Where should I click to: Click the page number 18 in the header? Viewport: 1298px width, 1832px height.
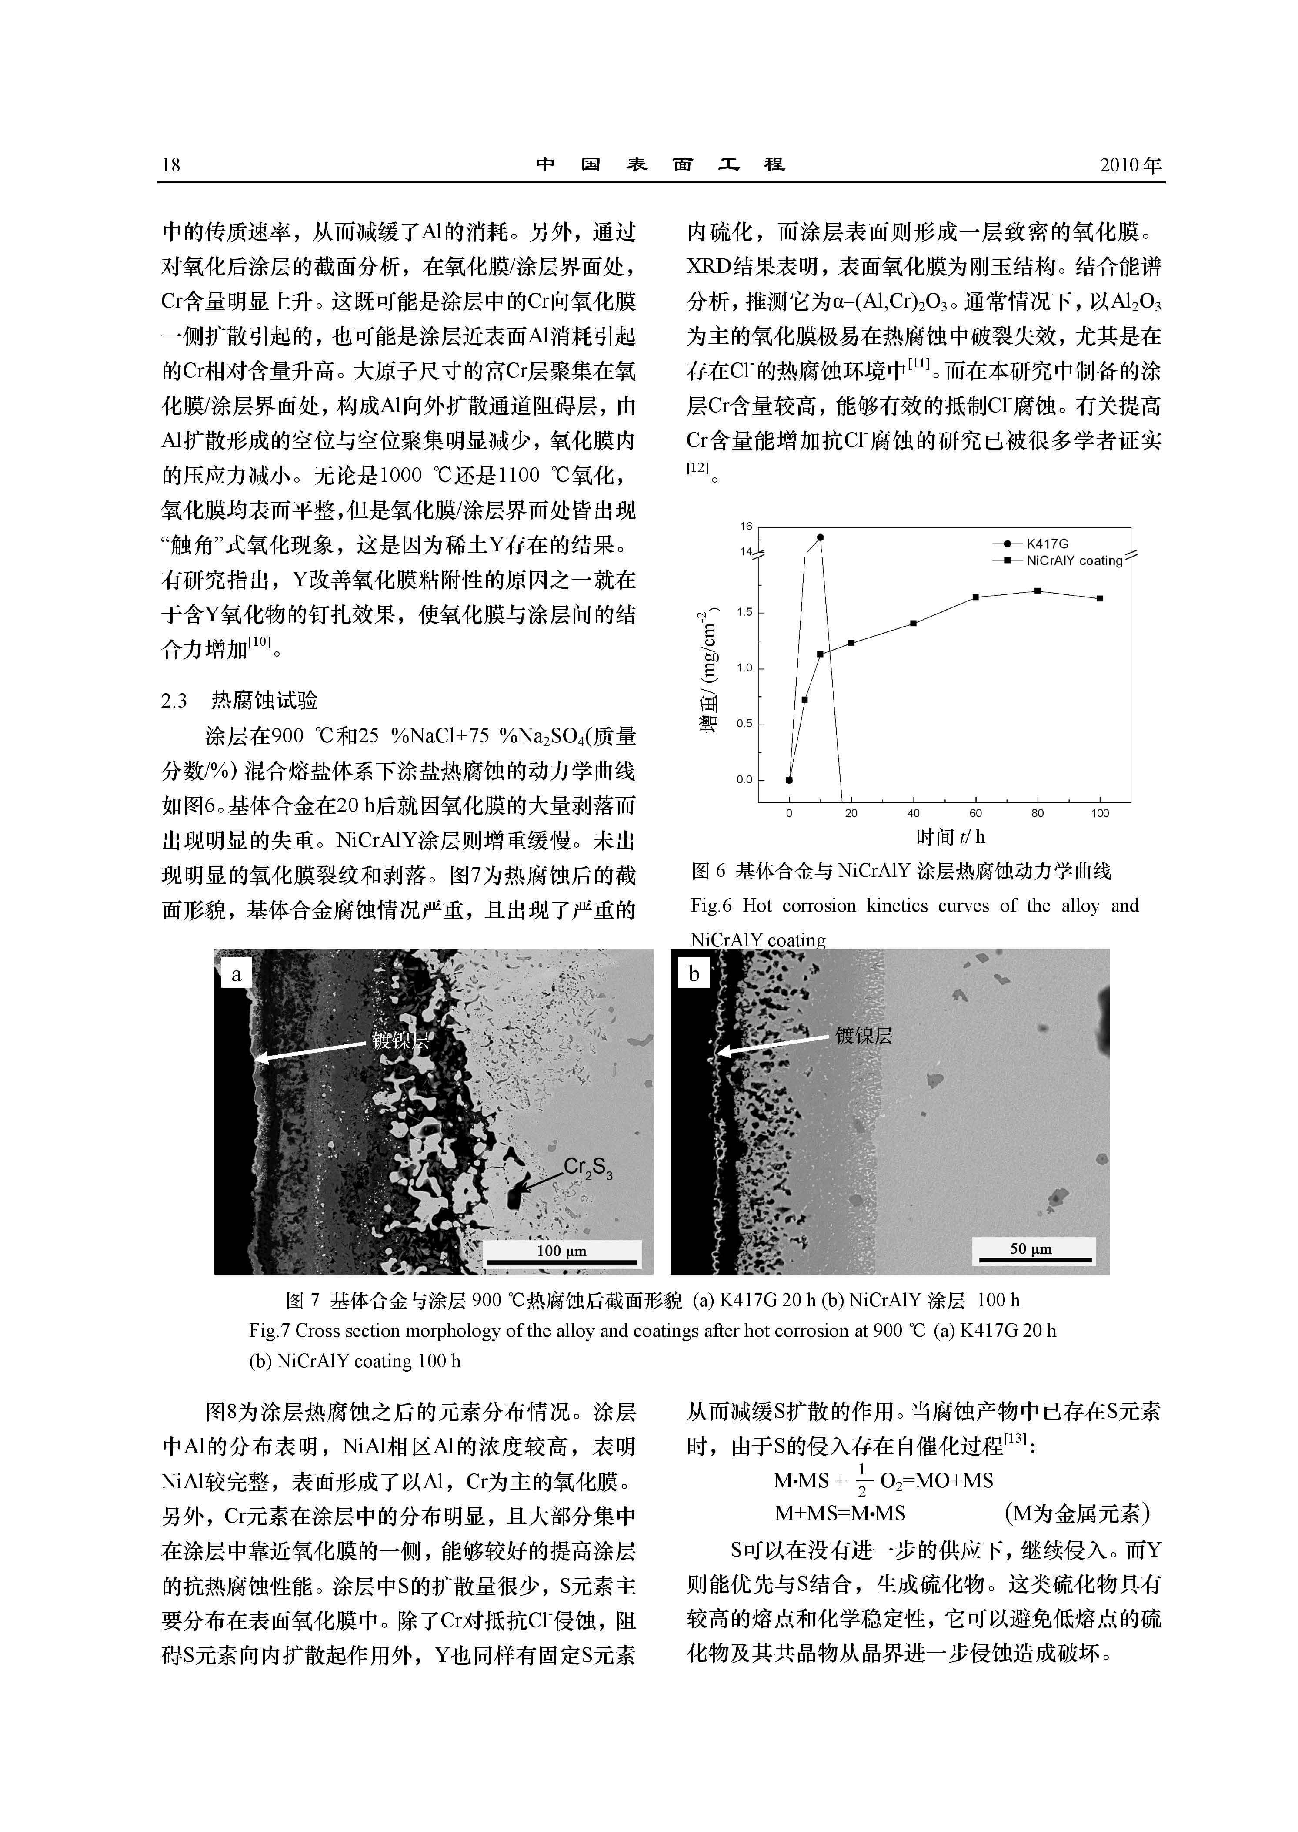171,165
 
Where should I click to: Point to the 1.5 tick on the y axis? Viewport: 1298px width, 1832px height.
744,613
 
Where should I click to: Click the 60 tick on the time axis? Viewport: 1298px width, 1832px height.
975,813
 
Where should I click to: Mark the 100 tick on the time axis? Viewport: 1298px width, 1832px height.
1100,813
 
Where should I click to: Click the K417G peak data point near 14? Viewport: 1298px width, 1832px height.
820,537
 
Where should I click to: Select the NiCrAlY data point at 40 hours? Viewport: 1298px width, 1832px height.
914,623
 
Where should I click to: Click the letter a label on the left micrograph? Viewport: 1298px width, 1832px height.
236,974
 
